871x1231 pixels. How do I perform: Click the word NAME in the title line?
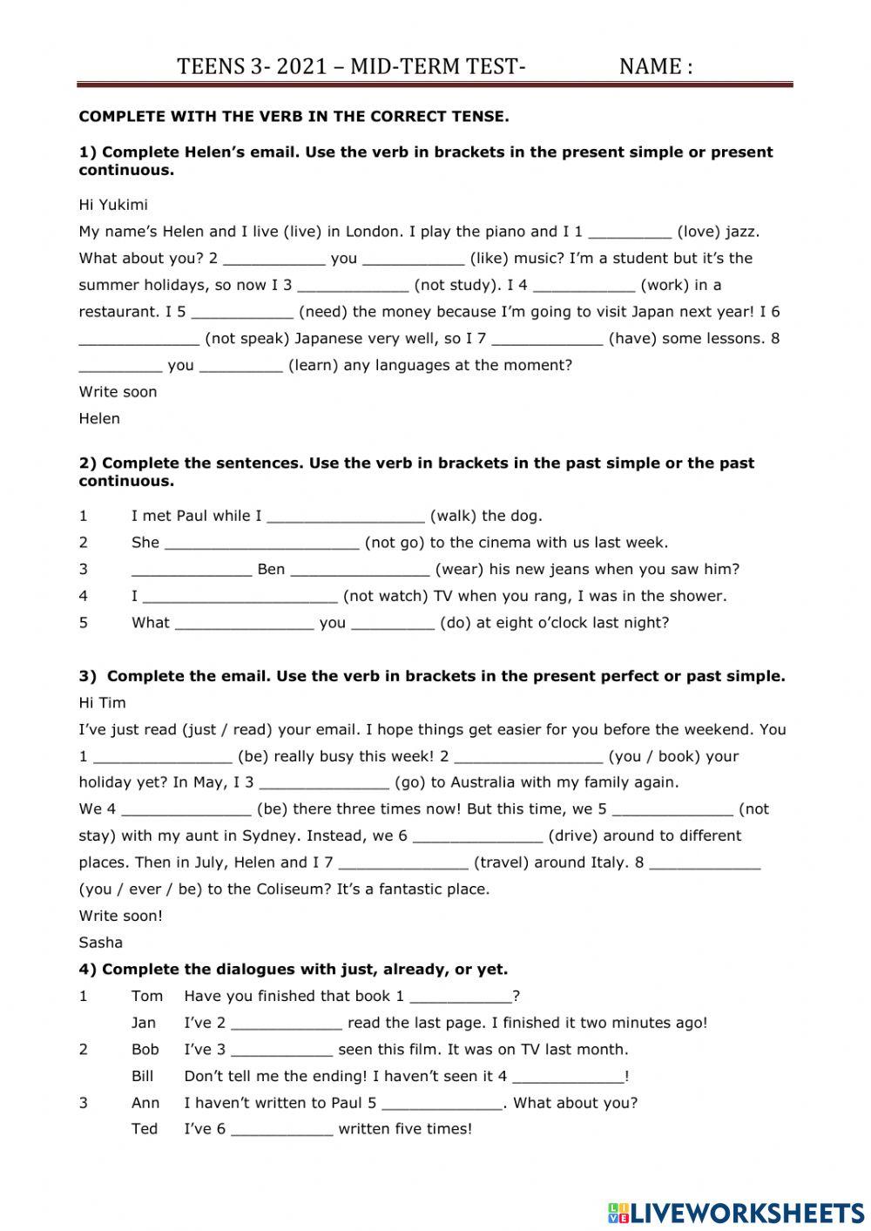click(650, 66)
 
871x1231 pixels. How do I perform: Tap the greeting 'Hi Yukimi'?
click(113, 205)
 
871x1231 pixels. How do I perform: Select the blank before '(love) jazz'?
click(630, 233)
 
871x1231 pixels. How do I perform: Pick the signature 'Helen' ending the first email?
click(99, 418)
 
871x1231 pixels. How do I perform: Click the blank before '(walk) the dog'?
click(345, 517)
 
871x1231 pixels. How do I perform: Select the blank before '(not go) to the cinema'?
click(261, 544)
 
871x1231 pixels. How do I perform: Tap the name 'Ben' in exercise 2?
click(271, 570)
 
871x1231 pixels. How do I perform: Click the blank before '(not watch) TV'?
click(240, 597)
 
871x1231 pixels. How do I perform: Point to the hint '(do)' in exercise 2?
click(456, 623)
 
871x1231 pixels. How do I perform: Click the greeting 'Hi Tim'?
click(102, 702)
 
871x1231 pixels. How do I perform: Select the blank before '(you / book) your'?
click(528, 757)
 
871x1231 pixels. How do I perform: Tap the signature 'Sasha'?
click(100, 942)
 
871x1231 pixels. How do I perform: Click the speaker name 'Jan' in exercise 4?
click(144, 1023)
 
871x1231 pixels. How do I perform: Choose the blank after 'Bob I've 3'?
click(281, 1051)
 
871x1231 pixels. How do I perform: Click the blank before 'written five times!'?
click(281, 1130)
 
